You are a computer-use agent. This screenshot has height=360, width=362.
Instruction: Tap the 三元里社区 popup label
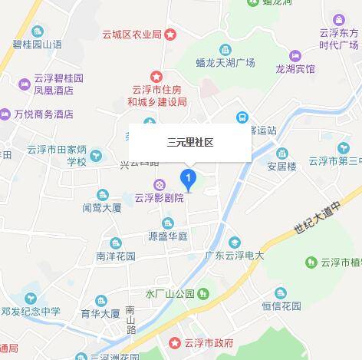tap(189, 142)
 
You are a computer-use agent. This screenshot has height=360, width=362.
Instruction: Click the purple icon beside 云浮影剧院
tap(159, 184)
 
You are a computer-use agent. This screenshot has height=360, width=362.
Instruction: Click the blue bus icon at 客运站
tap(242, 117)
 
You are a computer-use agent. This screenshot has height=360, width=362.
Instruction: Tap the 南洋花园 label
tap(115, 255)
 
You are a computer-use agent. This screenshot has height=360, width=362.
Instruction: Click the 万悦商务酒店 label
tap(43, 114)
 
